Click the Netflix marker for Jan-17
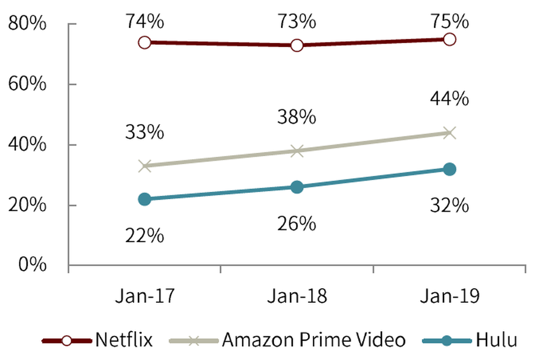tap(144, 42)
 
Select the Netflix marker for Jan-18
tap(297, 45)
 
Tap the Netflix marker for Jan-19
tap(450, 39)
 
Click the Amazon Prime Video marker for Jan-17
tap(144, 166)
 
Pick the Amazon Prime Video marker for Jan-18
tap(297, 151)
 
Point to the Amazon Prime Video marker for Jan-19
tap(450, 133)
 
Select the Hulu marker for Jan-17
tap(144, 199)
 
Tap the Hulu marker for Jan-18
tap(297, 187)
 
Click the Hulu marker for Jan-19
tap(450, 169)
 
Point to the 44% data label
tap(450, 99)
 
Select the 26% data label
tap(296, 224)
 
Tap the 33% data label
tap(145, 134)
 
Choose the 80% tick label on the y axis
tap(28, 24)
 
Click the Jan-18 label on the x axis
tap(297, 297)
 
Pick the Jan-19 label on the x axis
tap(450, 297)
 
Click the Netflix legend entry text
tap(124, 340)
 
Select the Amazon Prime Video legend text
tap(314, 340)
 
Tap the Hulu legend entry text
tap(497, 340)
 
